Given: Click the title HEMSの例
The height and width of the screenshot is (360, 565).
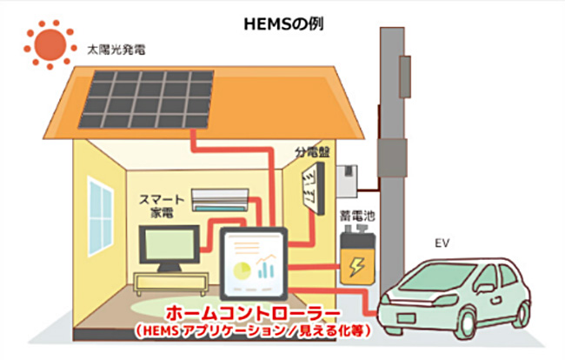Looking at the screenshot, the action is coord(283,24).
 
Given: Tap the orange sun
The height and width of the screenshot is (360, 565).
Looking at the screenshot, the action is coord(50,44).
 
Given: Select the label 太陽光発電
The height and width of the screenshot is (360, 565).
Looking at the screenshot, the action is coord(116,50).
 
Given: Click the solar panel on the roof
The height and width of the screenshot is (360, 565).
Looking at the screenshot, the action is coord(146,99).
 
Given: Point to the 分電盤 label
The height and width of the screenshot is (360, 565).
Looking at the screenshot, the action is coord(312,152).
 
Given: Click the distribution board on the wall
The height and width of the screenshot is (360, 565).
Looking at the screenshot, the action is coord(313,189).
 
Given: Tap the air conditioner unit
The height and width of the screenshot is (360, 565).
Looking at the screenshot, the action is coord(220,200).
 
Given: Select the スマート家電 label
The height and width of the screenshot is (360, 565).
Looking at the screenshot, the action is coord(162,206).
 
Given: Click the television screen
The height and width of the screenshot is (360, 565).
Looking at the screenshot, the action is coord(169,244).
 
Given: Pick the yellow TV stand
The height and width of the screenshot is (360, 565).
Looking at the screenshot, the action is coord(170,283).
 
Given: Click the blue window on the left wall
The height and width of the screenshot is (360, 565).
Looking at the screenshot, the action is coord(101,217).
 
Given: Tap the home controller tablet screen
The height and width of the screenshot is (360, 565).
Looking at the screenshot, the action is coord(254,263).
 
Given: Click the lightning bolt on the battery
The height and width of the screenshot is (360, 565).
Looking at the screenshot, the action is coord(356,266).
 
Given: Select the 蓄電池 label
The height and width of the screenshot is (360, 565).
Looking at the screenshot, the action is coord(357,217).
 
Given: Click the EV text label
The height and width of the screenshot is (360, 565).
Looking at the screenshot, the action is coord(442,243).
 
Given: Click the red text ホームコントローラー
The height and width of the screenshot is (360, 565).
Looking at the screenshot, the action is coord(253,313).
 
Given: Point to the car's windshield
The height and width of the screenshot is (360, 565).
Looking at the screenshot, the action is coord(438,276).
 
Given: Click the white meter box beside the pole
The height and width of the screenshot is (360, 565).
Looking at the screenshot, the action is coord(348,181).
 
